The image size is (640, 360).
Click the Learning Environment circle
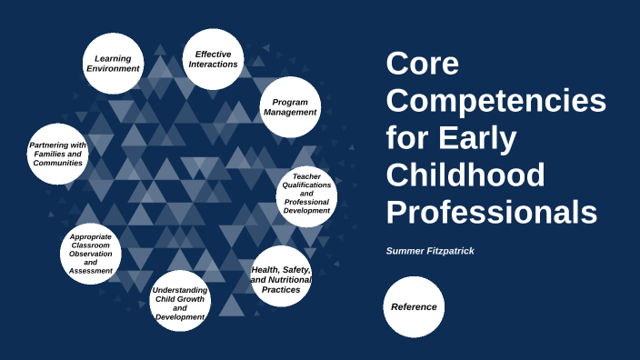(x=114, y=64)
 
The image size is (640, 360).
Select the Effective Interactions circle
(x=214, y=59)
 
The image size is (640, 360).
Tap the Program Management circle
(x=290, y=106)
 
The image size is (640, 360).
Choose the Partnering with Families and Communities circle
(x=57, y=154)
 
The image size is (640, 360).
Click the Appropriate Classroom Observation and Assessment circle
(x=91, y=254)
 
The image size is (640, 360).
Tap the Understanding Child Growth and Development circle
(x=180, y=302)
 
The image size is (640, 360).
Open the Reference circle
(x=414, y=306)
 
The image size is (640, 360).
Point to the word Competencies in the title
(x=495, y=102)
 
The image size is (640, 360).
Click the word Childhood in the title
(x=465, y=175)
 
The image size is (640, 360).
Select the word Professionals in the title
(x=492, y=212)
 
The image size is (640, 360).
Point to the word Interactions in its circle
(x=214, y=65)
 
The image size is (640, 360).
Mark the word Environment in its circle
(x=114, y=69)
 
